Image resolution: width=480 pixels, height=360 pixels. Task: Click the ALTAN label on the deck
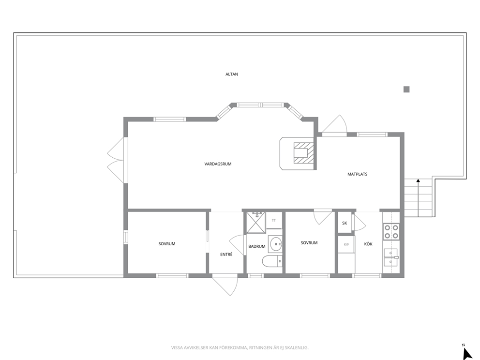[232, 74]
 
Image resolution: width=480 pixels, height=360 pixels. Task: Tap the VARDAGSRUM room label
[218, 164]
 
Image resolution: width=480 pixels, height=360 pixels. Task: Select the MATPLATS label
[357, 174]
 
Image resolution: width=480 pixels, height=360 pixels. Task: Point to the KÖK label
[368, 244]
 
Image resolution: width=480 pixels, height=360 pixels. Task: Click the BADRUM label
[257, 246]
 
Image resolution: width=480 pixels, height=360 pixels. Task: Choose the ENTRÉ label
[226, 254]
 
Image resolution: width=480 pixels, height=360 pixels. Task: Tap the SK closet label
[345, 223]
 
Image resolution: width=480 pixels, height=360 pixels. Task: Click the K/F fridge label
[346, 244]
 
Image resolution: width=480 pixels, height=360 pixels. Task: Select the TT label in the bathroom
[274, 220]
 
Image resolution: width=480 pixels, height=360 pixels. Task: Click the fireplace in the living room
[301, 153]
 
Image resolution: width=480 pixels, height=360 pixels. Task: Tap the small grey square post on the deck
[406, 89]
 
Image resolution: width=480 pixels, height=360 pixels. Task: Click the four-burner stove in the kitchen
[391, 232]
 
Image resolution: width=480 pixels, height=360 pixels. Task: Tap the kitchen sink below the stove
[390, 257]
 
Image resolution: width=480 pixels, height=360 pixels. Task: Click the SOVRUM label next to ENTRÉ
[167, 244]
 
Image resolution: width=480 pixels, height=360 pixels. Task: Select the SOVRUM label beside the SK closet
[309, 243]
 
